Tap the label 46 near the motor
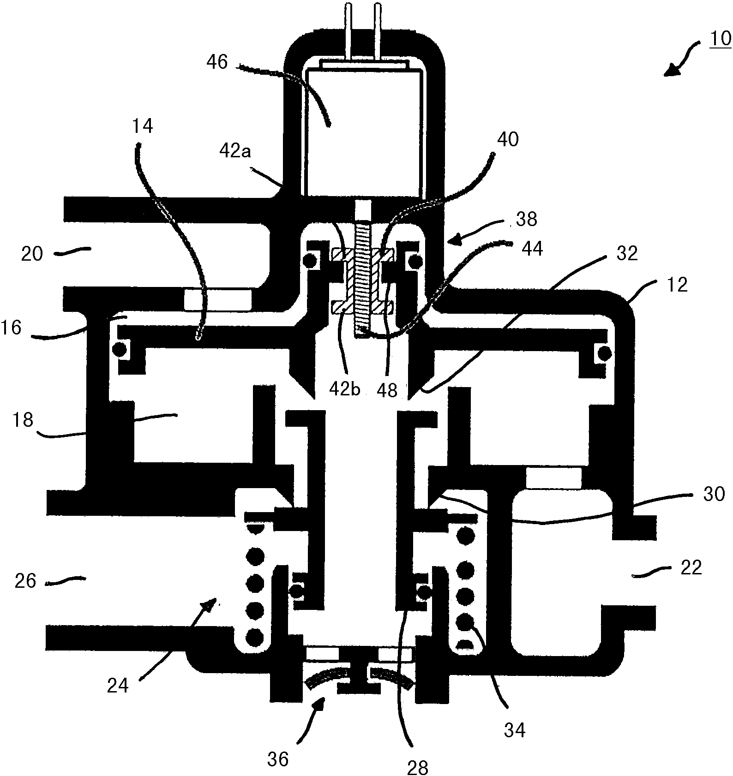217,61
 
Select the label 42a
235,151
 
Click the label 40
508,139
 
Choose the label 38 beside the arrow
526,219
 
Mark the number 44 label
532,249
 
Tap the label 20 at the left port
32,254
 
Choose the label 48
387,390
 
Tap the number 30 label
714,494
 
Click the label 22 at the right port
691,567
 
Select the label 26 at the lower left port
25,581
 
